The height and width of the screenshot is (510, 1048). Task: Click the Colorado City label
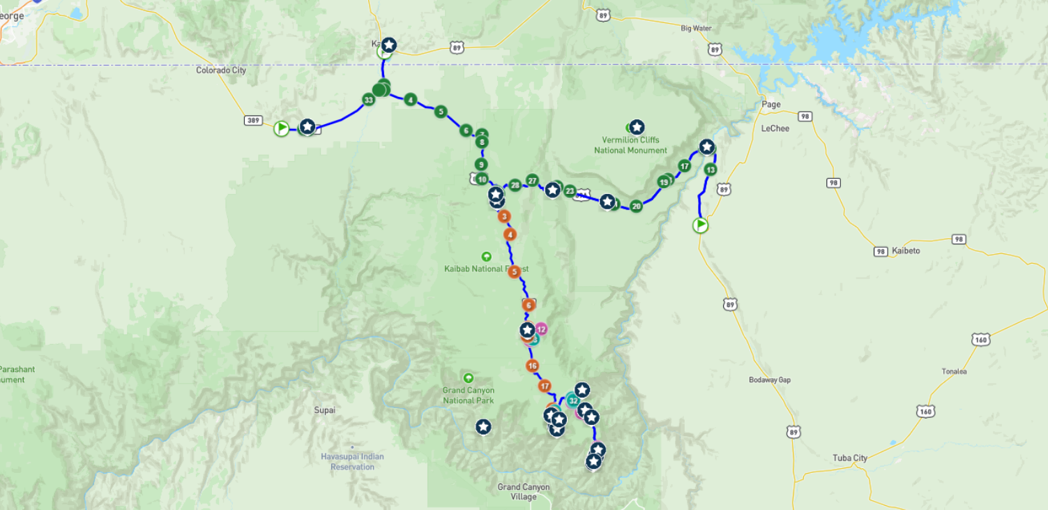220,70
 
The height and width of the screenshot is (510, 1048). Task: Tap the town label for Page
770,105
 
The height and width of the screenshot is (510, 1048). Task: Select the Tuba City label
849,458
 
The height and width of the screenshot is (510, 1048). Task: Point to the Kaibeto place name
906,250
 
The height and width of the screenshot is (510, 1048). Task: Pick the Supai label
324,410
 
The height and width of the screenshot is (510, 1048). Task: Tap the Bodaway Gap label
770,380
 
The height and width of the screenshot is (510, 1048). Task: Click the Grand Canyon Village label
523,492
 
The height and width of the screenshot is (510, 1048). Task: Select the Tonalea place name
954,372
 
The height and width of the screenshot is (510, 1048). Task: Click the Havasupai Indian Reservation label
352,462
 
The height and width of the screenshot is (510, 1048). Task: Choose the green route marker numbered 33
368,100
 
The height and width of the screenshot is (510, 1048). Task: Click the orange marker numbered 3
504,216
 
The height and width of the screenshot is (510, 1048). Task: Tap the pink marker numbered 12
541,329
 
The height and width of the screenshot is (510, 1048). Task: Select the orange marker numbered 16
532,366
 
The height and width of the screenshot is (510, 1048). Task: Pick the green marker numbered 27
533,181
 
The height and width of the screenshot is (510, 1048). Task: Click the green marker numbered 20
636,206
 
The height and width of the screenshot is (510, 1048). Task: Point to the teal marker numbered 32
572,400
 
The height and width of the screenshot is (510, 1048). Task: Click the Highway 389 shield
253,121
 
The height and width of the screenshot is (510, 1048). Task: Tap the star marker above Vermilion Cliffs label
637,127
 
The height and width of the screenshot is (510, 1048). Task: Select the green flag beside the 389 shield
281,128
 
